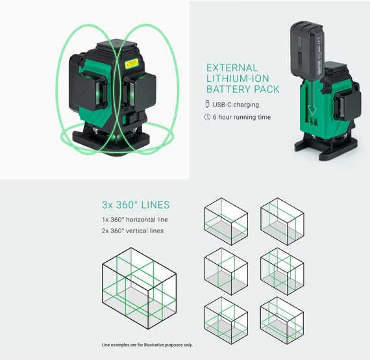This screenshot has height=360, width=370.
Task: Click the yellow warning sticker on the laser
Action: pyautogui.click(x=131, y=64)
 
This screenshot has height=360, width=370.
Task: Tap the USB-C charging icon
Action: pyautogui.click(x=208, y=104)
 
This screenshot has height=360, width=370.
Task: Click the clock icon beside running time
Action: pyautogui.click(x=207, y=117)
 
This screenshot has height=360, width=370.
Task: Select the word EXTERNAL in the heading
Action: pyautogui.click(x=232, y=68)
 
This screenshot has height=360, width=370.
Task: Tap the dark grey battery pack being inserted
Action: pyautogui.click(x=307, y=51)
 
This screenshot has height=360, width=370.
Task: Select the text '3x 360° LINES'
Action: pyautogui.click(x=136, y=205)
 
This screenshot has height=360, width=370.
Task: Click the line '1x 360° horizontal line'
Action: pyautogui.click(x=135, y=220)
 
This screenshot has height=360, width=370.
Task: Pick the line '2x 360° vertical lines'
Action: pyautogui.click(x=132, y=231)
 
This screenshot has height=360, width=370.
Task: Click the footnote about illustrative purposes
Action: pyautogui.click(x=147, y=345)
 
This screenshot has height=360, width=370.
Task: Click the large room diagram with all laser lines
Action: pyautogui.click(x=139, y=288)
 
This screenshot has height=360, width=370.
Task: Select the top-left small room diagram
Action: pyautogui.click(x=226, y=222)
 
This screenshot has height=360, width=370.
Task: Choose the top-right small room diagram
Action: pyautogui.click(x=282, y=222)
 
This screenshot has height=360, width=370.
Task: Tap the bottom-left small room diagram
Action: pyautogui.click(x=226, y=320)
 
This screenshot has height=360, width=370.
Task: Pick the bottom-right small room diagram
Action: pyautogui.click(x=282, y=320)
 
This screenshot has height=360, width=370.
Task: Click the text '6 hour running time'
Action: pyautogui.click(x=241, y=117)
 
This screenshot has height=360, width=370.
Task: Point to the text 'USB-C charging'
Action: pyautogui.click(x=236, y=105)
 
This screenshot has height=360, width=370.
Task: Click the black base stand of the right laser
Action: pyautogui.click(x=326, y=146)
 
